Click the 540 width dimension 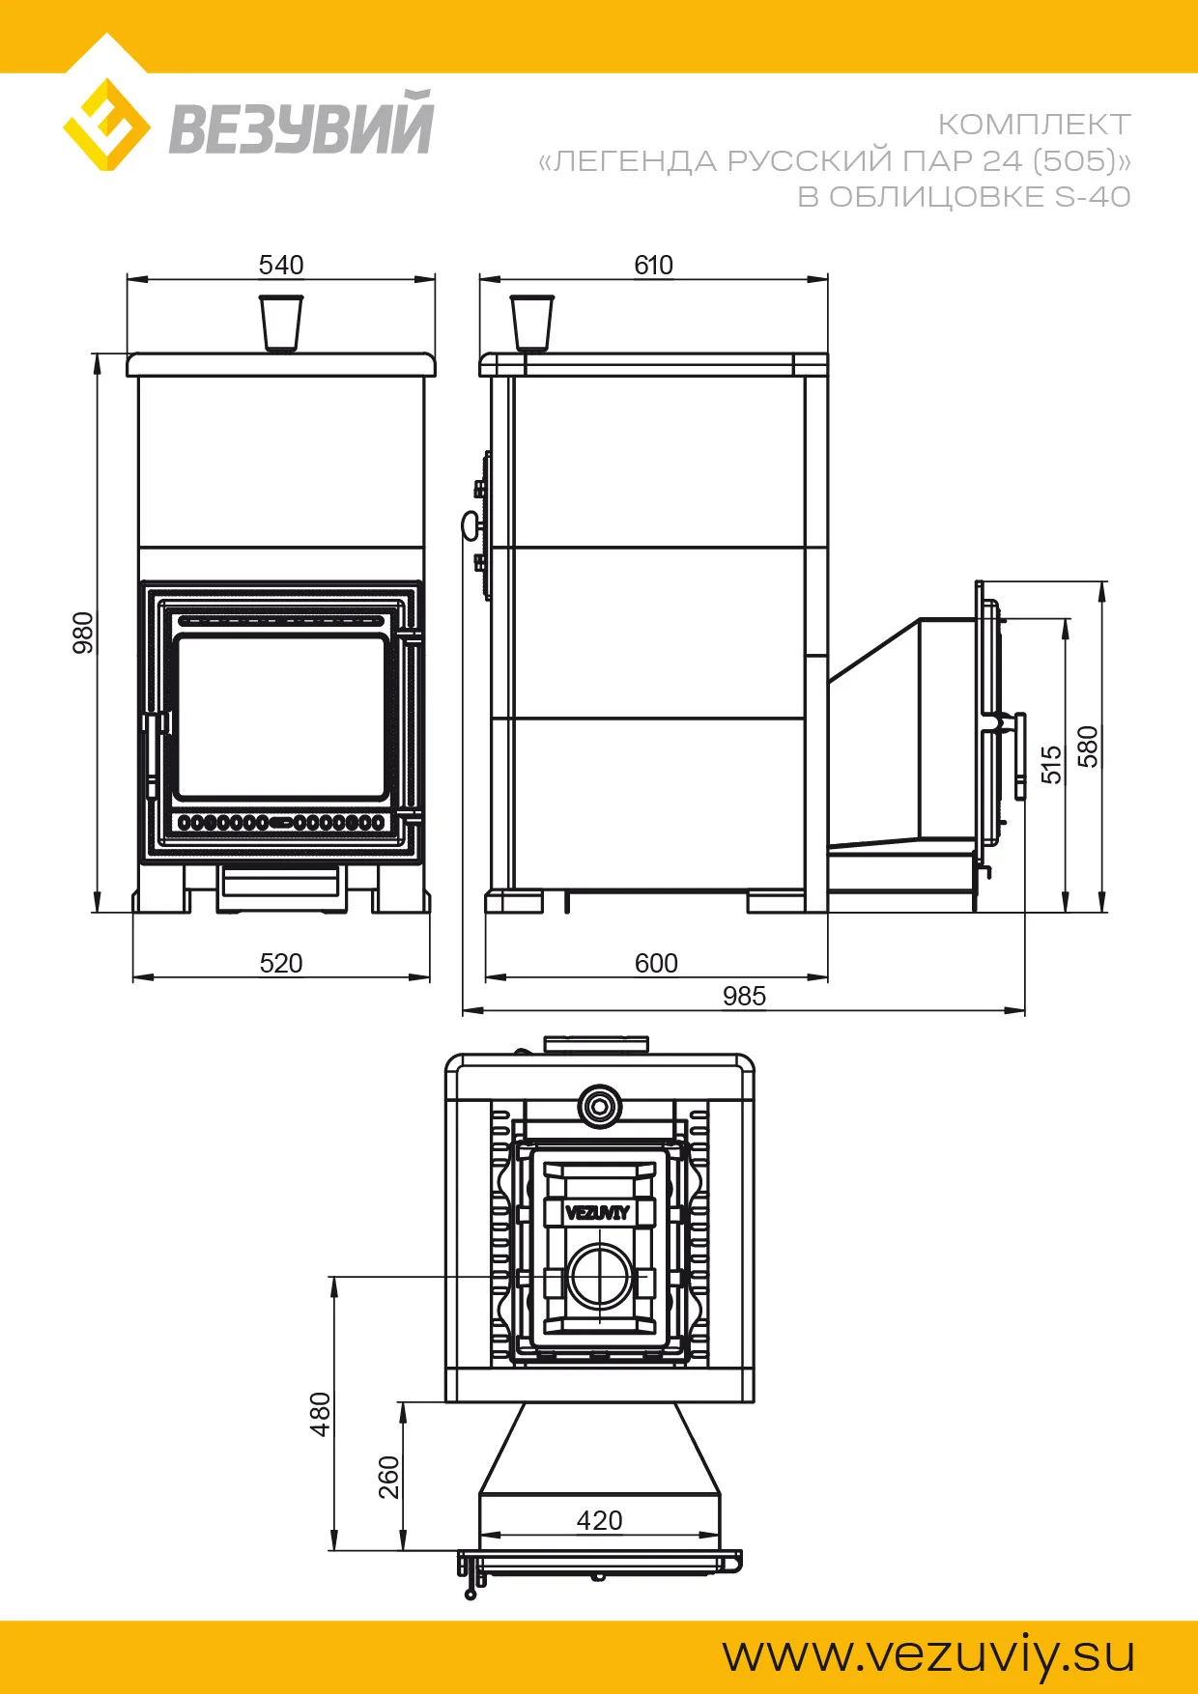(281, 265)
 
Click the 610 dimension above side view (654, 265)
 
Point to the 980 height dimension (84, 633)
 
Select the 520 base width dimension (281, 963)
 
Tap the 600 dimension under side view (656, 963)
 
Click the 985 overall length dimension (744, 996)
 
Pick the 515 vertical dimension (1051, 764)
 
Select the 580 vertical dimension (1088, 747)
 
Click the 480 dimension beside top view (321, 1414)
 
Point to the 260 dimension (388, 1478)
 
